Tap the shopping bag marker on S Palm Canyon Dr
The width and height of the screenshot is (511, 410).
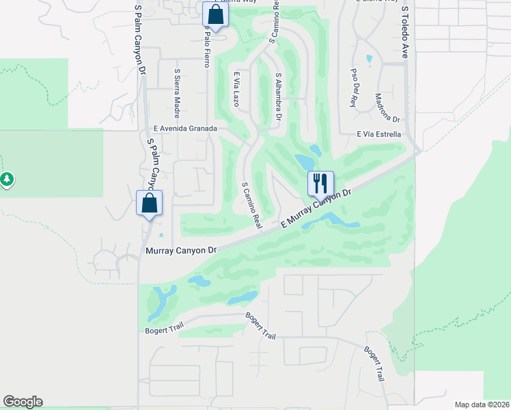[149, 203]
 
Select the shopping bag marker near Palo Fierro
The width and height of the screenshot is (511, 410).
[215, 15]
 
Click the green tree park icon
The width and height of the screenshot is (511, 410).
[7, 180]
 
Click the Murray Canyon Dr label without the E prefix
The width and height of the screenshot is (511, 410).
[181, 251]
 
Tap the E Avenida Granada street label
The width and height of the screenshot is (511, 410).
[185, 128]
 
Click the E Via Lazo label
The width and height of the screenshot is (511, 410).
[236, 90]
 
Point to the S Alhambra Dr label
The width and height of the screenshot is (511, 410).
[278, 97]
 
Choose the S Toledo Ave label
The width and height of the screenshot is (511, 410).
[405, 32]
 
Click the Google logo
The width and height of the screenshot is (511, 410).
[23, 402]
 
